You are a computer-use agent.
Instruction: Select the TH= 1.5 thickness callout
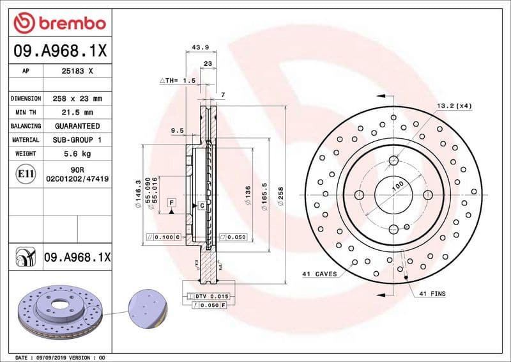coord(176,81)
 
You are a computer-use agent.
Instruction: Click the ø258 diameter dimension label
coord(280,194)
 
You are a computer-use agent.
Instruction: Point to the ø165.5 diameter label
coord(264,194)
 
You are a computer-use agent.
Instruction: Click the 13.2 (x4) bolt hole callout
coord(454,106)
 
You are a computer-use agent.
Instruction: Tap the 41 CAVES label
coord(319,274)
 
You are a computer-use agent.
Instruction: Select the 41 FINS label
coord(432,294)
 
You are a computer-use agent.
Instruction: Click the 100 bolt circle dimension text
coord(398,186)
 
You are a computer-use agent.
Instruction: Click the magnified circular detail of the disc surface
coord(148,308)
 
